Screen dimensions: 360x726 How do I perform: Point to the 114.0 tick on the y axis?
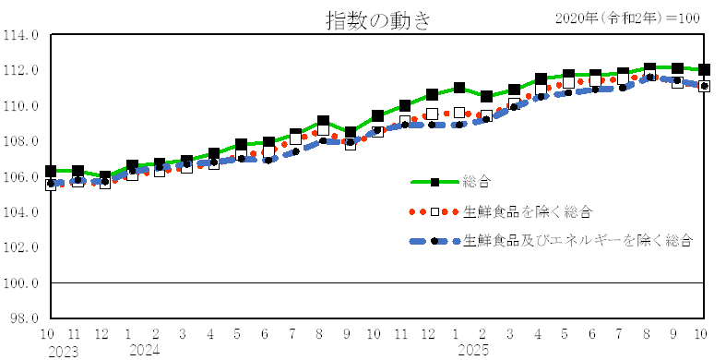20,35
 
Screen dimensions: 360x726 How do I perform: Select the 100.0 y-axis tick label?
20,282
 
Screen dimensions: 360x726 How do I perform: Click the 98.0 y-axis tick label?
22,318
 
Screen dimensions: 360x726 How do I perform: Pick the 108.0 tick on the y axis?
20,141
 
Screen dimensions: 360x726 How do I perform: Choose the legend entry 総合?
479,182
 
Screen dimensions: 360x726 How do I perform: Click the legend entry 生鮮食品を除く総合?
527,211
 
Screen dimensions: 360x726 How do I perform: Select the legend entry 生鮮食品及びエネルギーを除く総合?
577,241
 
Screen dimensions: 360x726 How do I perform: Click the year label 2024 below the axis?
145,351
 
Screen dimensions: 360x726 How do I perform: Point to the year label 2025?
473,351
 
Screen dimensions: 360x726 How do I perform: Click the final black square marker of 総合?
704,69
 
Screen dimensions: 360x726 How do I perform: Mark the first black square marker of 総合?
51,172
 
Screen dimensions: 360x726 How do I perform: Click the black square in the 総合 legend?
434,182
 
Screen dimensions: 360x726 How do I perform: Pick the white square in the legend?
434,211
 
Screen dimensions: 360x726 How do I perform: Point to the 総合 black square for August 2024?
323,122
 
